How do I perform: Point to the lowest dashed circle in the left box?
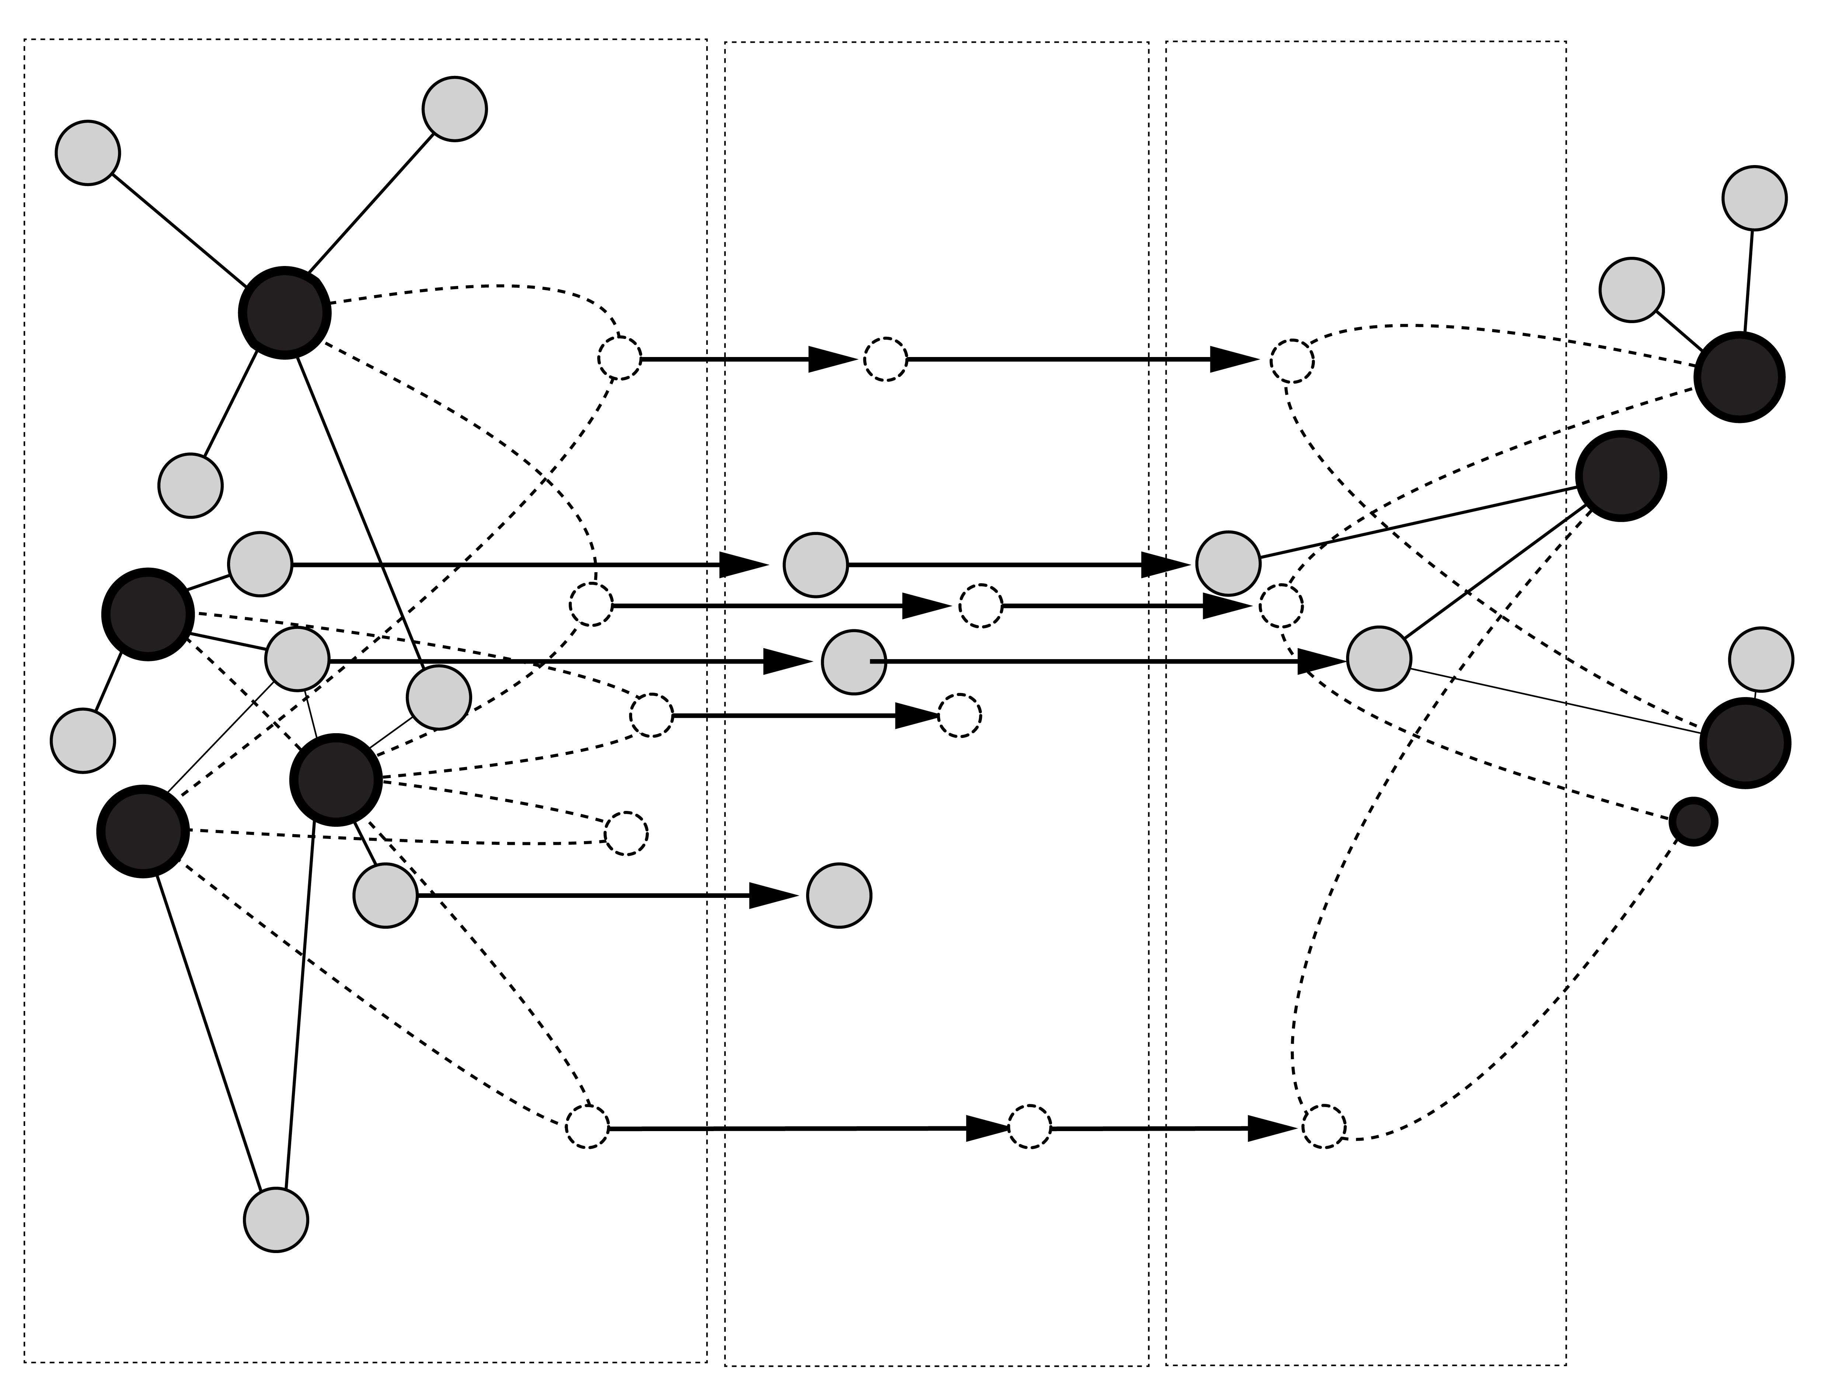pyautogui.click(x=588, y=1127)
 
